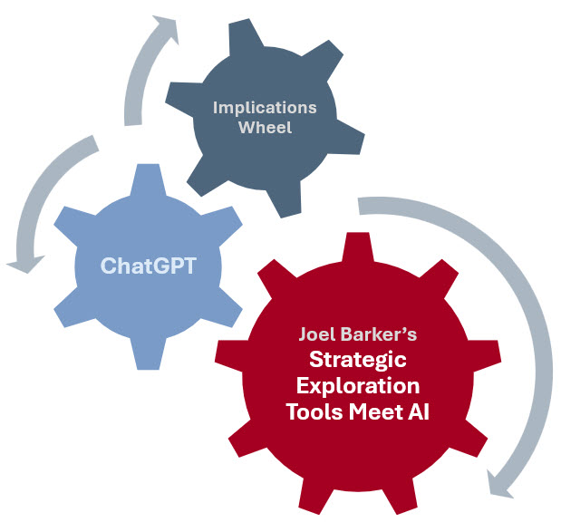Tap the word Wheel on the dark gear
point(265,127)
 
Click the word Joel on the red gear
point(317,334)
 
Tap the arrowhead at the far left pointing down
point(25,264)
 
